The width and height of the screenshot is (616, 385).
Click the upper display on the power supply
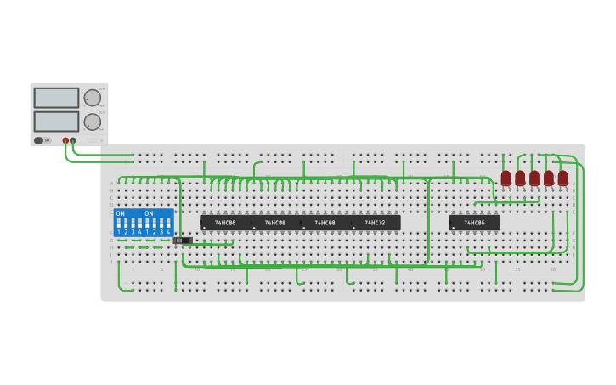(x=56, y=98)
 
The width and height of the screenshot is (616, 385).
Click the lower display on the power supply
(x=56, y=122)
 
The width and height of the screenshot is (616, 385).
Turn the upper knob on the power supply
(x=92, y=98)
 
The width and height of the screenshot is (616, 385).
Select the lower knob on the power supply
(x=92, y=122)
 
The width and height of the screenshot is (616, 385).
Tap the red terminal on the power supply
(x=65, y=140)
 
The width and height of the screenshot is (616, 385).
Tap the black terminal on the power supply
(x=73, y=140)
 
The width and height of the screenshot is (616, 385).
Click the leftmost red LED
(x=506, y=178)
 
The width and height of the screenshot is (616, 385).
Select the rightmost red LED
(x=562, y=178)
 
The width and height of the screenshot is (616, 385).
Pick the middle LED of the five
(x=534, y=178)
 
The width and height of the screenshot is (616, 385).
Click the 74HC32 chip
(x=375, y=223)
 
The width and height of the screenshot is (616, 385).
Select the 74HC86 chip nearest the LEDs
(x=474, y=223)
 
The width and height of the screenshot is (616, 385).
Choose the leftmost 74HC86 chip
(x=225, y=223)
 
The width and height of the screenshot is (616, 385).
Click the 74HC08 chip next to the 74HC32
(x=325, y=223)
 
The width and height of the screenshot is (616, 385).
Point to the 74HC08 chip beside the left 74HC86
(x=274, y=223)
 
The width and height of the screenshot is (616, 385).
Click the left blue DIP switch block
(x=128, y=223)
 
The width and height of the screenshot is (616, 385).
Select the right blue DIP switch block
(x=158, y=223)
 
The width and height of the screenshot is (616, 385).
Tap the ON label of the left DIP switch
(x=121, y=213)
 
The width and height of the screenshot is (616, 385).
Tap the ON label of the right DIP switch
(x=150, y=213)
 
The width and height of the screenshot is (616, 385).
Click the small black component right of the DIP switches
(x=182, y=241)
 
